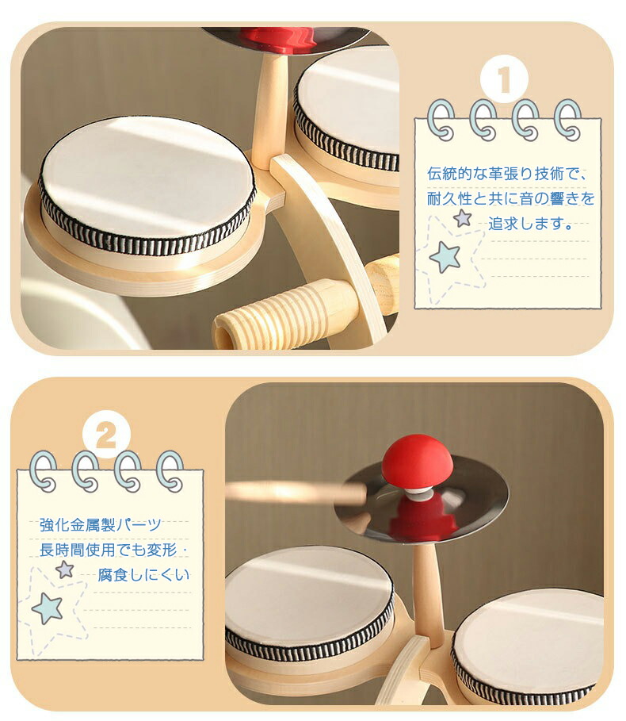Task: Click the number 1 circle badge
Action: (x=504, y=79)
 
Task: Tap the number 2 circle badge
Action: (x=106, y=435)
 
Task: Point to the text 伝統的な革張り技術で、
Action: (x=507, y=174)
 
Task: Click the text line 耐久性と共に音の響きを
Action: (x=511, y=198)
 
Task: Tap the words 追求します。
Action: (x=530, y=224)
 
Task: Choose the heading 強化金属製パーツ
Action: (x=101, y=524)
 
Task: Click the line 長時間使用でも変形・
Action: (x=113, y=550)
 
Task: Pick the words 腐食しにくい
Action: (x=143, y=575)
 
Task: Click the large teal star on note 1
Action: (x=445, y=257)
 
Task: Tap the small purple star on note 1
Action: (x=463, y=218)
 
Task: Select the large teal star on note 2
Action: (x=48, y=608)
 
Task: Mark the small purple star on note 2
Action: (x=65, y=570)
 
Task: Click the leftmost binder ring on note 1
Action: (x=440, y=120)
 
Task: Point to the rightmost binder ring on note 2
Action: (x=170, y=471)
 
